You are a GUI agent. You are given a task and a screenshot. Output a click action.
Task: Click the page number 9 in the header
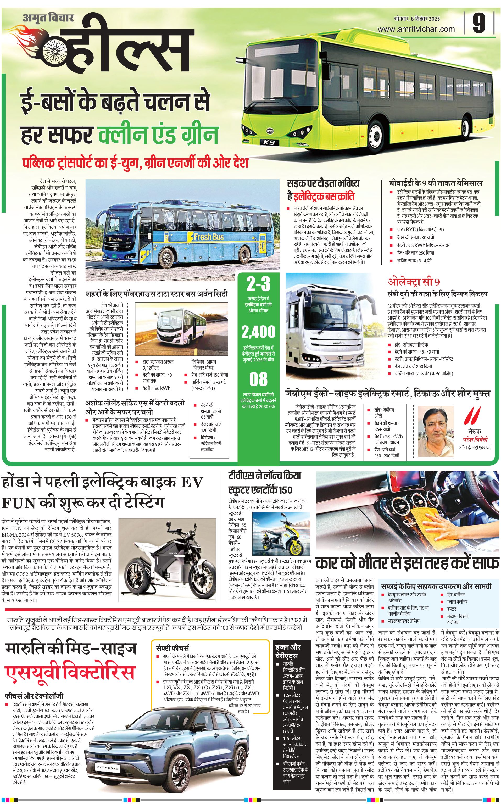click(x=479, y=23)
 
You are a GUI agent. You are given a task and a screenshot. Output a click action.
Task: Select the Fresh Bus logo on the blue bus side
click(x=209, y=237)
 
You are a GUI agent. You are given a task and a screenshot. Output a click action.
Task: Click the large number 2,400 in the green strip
click(x=258, y=332)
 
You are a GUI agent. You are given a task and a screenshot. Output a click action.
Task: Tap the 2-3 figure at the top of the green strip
click(x=258, y=284)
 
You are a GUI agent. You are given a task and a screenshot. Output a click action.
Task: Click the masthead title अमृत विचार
click(x=48, y=18)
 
